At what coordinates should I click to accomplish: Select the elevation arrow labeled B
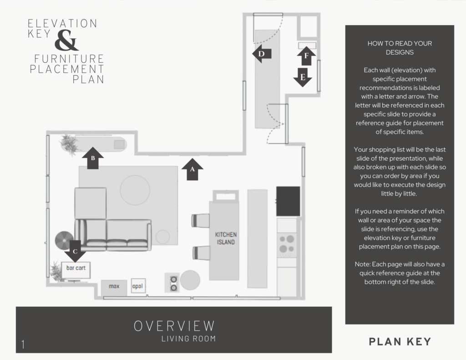click(x=93, y=158)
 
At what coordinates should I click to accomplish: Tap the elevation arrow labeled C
click(x=76, y=251)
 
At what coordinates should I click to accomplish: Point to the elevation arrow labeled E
click(x=303, y=77)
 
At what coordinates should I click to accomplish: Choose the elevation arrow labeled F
click(x=306, y=56)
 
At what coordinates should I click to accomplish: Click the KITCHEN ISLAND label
click(x=225, y=238)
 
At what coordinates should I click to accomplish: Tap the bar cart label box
click(x=76, y=269)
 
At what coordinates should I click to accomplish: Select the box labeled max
click(x=114, y=287)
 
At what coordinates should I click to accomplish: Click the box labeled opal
click(x=137, y=286)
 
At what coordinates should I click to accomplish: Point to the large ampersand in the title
click(x=66, y=41)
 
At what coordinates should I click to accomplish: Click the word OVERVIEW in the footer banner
click(x=174, y=326)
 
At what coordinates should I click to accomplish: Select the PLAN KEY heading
click(x=400, y=342)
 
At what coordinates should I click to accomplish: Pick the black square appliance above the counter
click(x=288, y=201)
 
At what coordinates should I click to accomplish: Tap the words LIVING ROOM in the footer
click(x=188, y=339)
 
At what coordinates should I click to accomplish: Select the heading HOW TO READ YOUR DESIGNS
click(x=400, y=48)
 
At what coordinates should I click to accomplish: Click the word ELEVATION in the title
click(x=62, y=24)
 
